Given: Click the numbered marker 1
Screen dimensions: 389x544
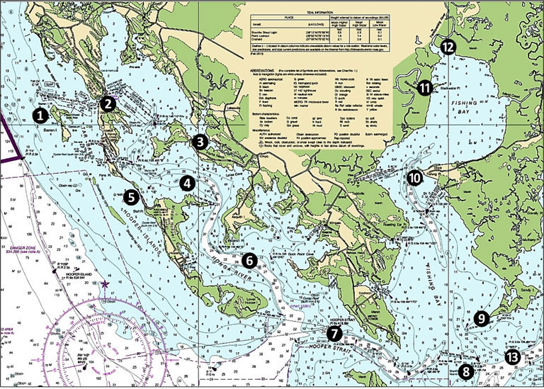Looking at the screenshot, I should pyautogui.click(x=42, y=113).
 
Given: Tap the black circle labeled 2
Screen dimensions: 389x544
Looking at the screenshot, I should pyautogui.click(x=108, y=103).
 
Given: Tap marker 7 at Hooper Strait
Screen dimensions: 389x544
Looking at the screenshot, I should pyautogui.click(x=334, y=331).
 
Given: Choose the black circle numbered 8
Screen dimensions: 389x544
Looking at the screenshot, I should pyautogui.click(x=465, y=370).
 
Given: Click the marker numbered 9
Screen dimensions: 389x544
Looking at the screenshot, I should pyautogui.click(x=481, y=318).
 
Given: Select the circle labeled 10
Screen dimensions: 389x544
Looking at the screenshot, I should pyautogui.click(x=414, y=178).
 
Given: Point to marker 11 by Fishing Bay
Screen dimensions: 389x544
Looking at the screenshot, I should pyautogui.click(x=424, y=88).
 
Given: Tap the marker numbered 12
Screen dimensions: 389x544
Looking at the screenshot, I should pyautogui.click(x=448, y=47).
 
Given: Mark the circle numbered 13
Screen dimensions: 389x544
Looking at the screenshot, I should pyautogui.click(x=511, y=356).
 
